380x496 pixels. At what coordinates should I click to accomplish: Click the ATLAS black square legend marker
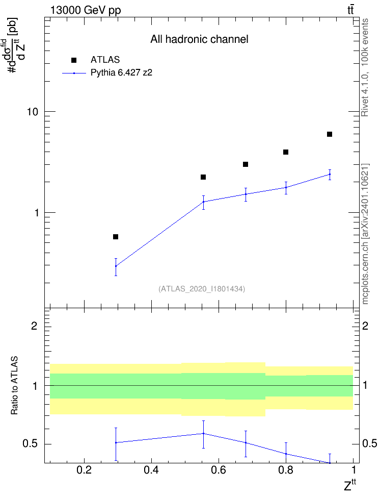tap(74, 60)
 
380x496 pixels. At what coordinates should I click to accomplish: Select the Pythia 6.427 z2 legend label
tap(121, 73)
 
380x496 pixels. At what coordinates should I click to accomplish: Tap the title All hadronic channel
tap(199, 39)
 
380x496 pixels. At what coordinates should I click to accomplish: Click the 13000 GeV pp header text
tap(86, 10)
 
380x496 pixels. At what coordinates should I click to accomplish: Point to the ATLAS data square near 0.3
tap(116, 237)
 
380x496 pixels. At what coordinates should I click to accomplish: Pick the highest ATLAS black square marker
tap(330, 134)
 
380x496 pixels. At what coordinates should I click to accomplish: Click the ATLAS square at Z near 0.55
tap(203, 177)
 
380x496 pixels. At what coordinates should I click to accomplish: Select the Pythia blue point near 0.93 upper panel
tap(330, 175)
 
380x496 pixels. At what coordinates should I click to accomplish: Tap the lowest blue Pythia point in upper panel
tap(116, 266)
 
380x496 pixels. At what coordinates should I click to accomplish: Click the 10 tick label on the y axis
tap(33, 112)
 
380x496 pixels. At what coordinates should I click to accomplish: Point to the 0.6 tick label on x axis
tap(219, 470)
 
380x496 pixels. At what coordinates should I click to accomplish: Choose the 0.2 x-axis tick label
tap(84, 470)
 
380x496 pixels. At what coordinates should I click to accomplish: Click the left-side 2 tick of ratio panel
tap(35, 326)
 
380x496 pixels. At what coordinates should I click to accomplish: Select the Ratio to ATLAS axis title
tap(14, 386)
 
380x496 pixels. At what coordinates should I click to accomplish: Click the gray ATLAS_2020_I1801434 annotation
tap(202, 289)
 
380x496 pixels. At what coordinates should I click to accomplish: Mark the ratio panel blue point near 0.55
tap(203, 433)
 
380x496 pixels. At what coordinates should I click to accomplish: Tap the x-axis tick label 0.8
tap(286, 470)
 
